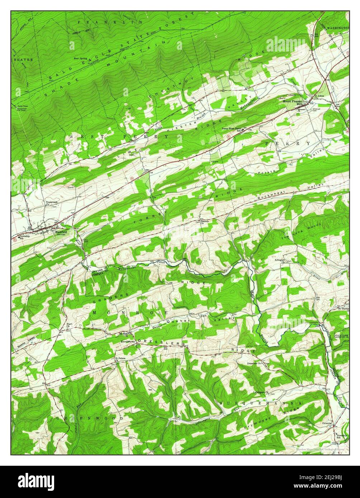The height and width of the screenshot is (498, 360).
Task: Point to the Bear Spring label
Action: [81, 58]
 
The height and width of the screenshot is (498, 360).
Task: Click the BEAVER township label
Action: [23, 59]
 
